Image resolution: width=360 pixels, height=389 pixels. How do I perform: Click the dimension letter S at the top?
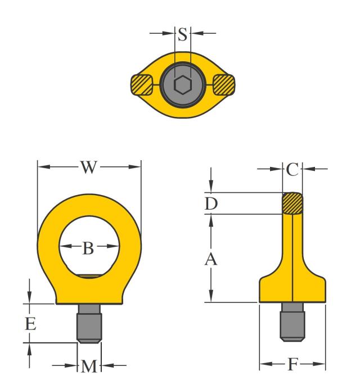[x=182, y=34]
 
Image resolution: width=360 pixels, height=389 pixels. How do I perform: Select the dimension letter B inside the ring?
[x=88, y=247]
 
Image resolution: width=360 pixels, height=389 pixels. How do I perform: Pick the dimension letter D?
[x=211, y=203]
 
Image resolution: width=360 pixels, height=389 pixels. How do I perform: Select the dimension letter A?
[x=211, y=259]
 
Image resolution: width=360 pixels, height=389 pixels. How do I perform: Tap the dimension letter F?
[x=292, y=364]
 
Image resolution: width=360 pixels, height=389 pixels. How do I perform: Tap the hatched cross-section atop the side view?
[x=292, y=203]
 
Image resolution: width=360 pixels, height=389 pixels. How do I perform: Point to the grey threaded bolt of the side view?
[x=292, y=323]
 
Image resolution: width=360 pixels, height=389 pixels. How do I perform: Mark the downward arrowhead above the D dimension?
[x=211, y=188]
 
